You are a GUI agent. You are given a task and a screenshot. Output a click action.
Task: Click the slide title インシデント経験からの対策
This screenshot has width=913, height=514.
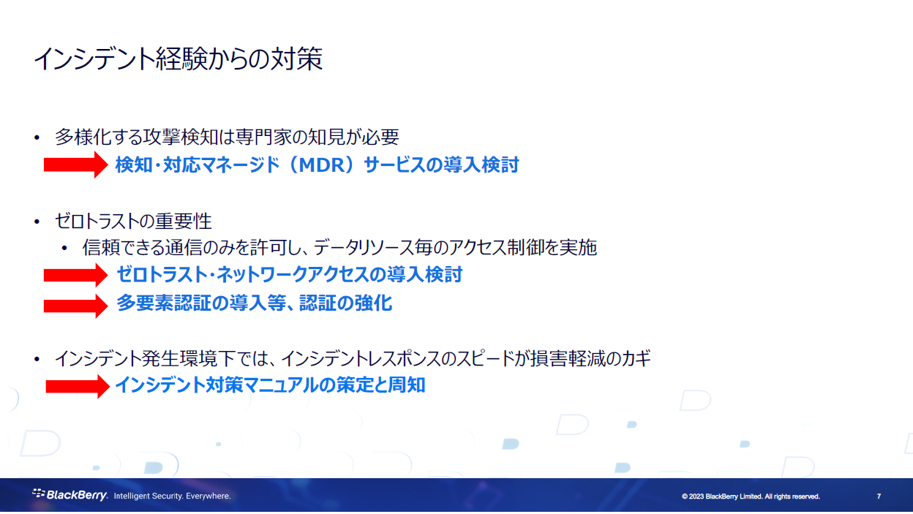click(x=178, y=59)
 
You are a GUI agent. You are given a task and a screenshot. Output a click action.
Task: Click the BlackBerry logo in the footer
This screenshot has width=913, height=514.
click(x=70, y=496)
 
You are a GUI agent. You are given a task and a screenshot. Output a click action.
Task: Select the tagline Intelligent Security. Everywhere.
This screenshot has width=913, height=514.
click(x=172, y=496)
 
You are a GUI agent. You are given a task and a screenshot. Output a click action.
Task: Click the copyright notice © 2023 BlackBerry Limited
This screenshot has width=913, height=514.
click(x=751, y=496)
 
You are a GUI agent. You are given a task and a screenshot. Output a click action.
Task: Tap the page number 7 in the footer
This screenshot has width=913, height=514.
click(x=879, y=496)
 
